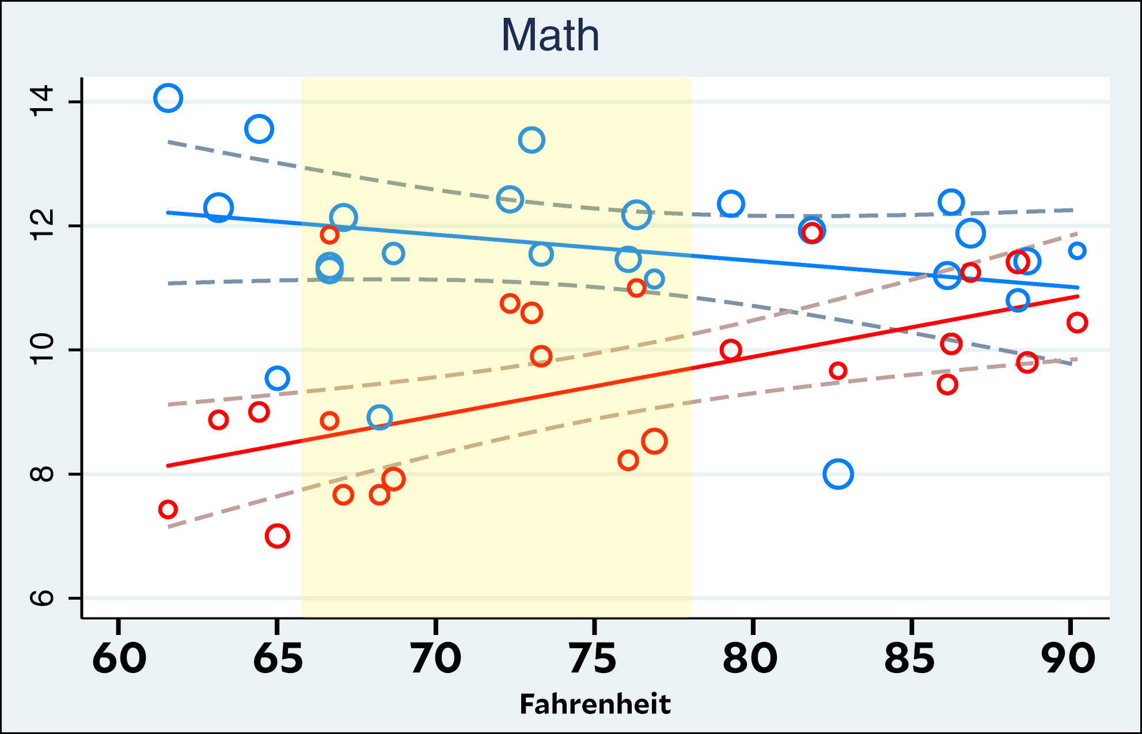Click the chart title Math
551,36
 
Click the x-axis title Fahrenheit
595,703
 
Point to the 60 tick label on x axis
119,658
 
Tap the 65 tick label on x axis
278,658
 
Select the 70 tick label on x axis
436,658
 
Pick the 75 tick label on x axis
594,658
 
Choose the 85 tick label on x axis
910,658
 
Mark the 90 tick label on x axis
1069,658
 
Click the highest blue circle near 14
168,98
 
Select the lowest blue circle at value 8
838,474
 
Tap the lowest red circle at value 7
277,536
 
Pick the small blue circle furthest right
1077,250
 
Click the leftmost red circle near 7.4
168,509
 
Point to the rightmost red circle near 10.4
1077,322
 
